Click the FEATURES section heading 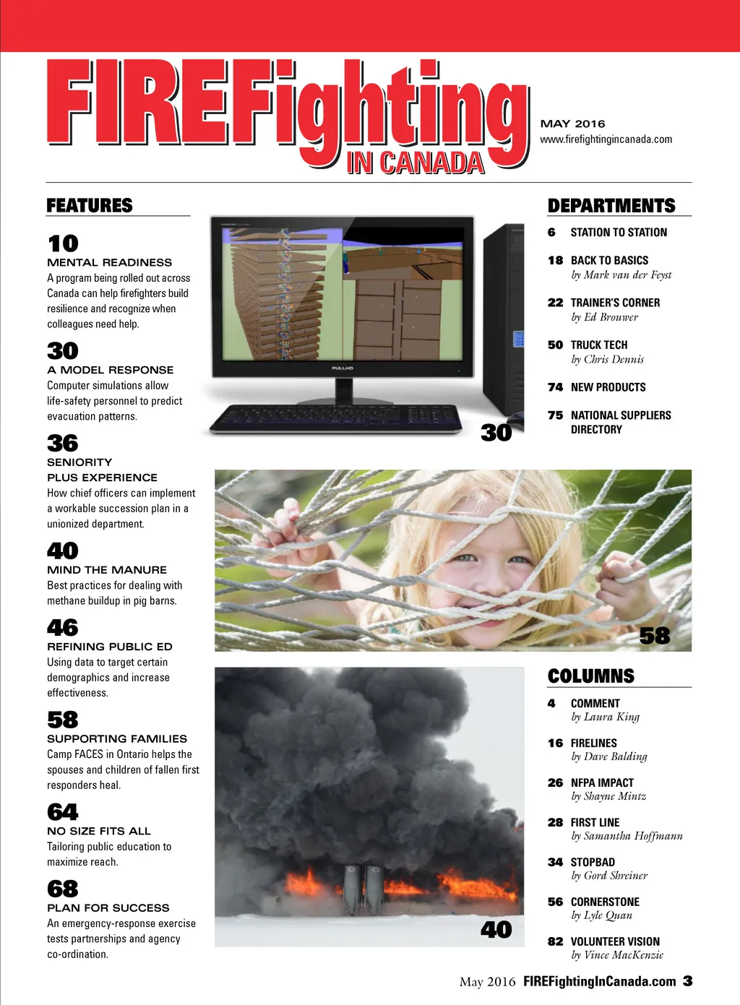pos(90,206)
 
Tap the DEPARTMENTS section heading pos(611,206)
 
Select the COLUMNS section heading pos(591,676)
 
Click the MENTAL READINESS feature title pos(110,262)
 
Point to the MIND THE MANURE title pos(107,570)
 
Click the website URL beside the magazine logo pos(606,139)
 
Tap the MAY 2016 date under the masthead pos(573,124)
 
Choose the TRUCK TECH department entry pos(599,345)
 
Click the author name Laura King pos(611,717)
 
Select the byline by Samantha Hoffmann pos(627,836)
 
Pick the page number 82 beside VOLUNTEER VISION pos(556,941)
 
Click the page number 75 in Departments pos(556,415)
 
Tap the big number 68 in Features pos(63,889)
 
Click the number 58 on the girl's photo pos(655,636)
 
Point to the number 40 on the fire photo pos(496,930)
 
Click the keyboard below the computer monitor pos(335,418)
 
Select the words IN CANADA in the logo pos(415,163)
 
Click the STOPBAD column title pos(593,862)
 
